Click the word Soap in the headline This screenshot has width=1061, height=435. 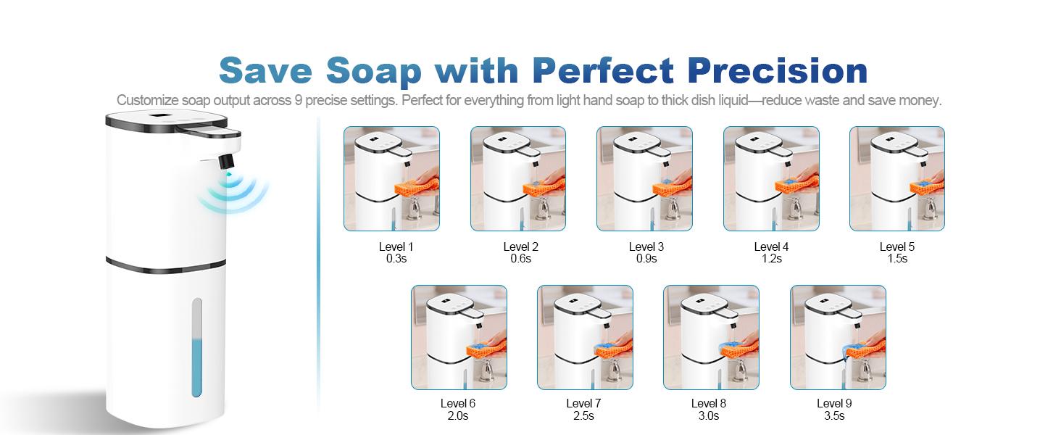click(x=374, y=71)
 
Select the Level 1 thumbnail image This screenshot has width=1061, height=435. click(x=392, y=178)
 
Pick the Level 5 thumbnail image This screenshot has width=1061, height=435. click(x=897, y=178)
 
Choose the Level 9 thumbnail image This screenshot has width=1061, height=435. click(x=838, y=337)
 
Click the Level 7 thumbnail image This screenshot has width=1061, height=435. click(x=585, y=337)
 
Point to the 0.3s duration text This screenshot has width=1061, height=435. click(x=396, y=259)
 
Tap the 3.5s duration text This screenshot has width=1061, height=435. click(x=834, y=416)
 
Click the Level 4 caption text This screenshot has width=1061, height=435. click(x=771, y=247)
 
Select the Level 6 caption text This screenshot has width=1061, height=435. click(x=457, y=404)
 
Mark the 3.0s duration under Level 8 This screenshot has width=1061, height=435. click(x=709, y=416)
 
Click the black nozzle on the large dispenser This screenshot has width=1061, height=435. click(x=226, y=161)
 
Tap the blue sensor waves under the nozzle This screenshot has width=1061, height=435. click(x=233, y=194)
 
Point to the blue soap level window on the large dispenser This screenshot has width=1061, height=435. click(x=197, y=348)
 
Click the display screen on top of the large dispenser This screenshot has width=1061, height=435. click(x=162, y=115)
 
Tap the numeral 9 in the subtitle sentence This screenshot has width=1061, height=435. click(x=298, y=101)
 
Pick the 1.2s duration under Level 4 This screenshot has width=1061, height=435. click(x=772, y=259)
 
